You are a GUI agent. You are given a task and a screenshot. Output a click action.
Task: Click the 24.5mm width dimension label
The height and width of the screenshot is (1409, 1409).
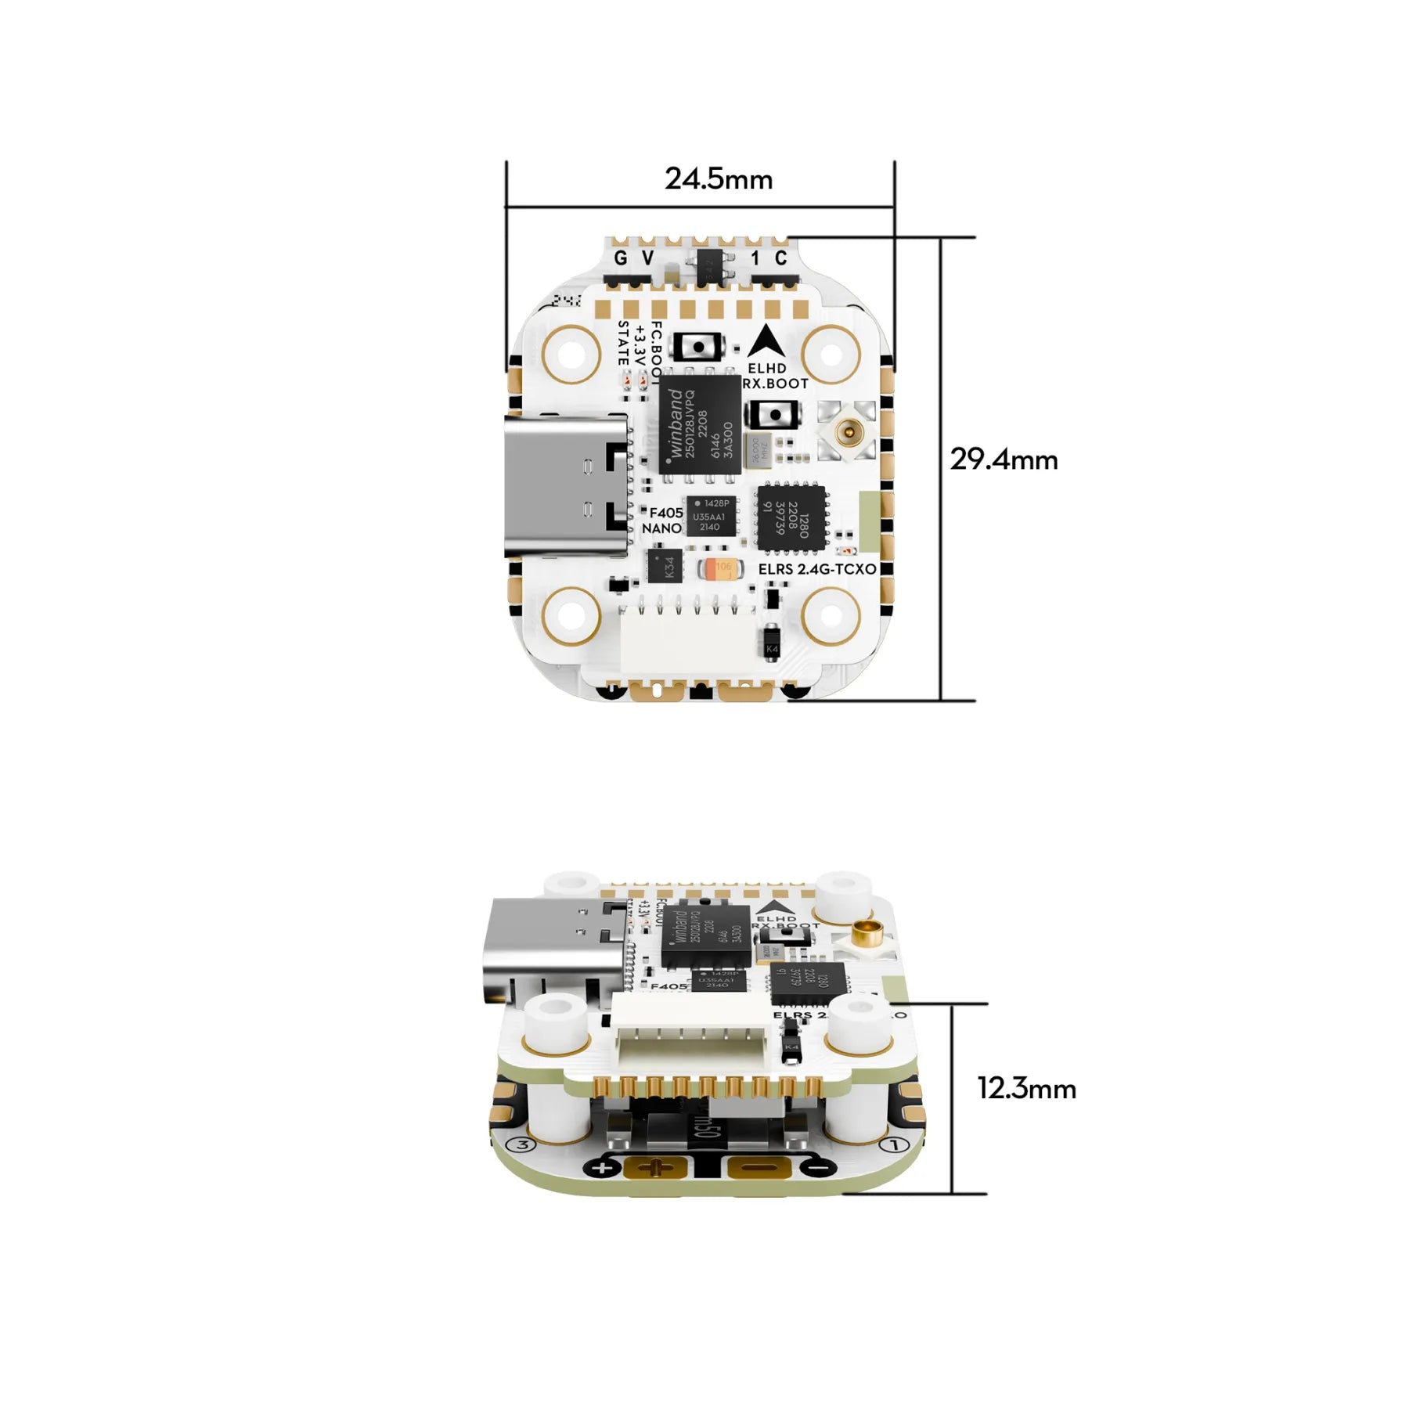[x=719, y=179]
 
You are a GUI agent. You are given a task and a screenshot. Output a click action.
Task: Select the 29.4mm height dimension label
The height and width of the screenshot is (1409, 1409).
[x=1004, y=459]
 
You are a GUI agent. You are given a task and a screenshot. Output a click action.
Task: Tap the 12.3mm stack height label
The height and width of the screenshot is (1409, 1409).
[x=1026, y=1088]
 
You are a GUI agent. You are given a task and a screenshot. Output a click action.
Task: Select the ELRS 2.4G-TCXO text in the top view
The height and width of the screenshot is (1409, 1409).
[x=816, y=569]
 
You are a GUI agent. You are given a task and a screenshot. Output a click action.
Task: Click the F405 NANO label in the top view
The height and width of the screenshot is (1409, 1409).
[x=663, y=521]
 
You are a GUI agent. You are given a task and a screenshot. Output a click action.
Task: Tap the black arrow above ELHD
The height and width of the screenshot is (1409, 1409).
[x=766, y=342]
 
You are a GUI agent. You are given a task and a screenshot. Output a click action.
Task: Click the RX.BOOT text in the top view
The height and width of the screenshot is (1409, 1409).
[x=775, y=384]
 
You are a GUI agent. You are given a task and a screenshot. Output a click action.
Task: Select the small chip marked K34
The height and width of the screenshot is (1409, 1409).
[x=665, y=566]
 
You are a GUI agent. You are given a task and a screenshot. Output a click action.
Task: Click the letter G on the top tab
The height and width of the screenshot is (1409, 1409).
[x=621, y=258]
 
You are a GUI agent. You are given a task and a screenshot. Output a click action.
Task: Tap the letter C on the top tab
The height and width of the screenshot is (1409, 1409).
[x=780, y=258]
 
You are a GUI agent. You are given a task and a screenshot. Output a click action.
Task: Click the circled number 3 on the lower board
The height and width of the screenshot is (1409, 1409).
[x=522, y=1145]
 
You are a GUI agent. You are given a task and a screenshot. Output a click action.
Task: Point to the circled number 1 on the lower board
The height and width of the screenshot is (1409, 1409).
[x=894, y=1144]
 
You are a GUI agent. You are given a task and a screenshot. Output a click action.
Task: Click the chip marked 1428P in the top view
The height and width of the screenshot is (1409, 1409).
[x=712, y=515]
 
